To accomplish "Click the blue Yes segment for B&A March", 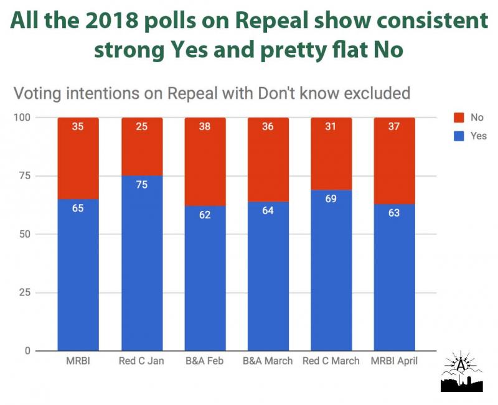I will point(268,280).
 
